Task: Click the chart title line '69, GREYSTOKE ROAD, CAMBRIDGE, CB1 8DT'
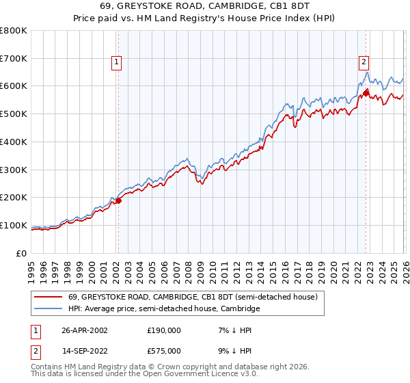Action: pyautogui.click(x=205, y=6)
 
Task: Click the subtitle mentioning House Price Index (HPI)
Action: pyautogui.click(x=205, y=18)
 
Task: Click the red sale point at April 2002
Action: pyautogui.click(x=118, y=200)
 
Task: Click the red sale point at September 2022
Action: pyautogui.click(x=366, y=92)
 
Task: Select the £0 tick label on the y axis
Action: pyautogui.click(x=22, y=253)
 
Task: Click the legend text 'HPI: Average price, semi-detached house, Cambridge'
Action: pyautogui.click(x=164, y=309)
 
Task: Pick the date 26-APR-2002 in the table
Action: pyautogui.click(x=85, y=330)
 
